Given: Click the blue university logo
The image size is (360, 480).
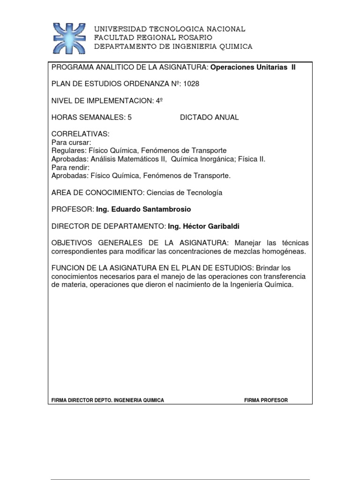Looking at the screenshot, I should pos(69,37).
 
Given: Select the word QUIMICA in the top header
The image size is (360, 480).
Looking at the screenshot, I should pos(234,46).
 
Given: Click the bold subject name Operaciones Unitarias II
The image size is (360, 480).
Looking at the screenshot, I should pos(253,67).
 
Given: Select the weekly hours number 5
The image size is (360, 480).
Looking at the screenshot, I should pos(129,118).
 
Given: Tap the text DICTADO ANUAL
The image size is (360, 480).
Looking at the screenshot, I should pos(209,118).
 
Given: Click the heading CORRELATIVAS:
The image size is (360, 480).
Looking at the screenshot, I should pos(80,135).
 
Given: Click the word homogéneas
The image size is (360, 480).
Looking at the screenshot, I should pos(286,252).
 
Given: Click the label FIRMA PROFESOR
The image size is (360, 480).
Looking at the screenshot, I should pos(266,400).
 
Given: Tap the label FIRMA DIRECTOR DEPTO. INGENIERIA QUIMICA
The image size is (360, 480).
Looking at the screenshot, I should pos(107,400).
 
